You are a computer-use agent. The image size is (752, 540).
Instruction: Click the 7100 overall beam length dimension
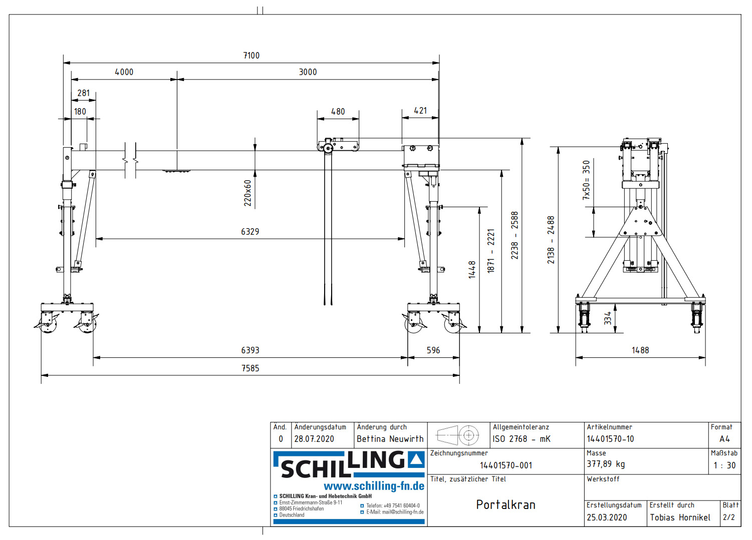pyautogui.click(x=251, y=56)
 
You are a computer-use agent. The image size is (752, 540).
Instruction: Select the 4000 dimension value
pyautogui.click(x=124, y=72)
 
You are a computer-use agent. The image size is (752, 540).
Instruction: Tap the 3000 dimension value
pyautogui.click(x=308, y=72)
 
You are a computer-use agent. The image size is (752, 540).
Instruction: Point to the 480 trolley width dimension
pyautogui.click(x=338, y=112)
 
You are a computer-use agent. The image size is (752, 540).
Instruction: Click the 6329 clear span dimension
pyautogui.click(x=250, y=232)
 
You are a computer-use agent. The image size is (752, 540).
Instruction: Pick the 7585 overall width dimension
pyautogui.click(x=250, y=368)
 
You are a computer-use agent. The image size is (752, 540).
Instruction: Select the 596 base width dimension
pyautogui.click(x=433, y=350)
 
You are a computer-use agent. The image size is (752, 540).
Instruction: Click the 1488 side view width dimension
pyautogui.click(x=640, y=350)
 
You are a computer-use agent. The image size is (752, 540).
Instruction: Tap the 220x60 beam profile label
pyautogui.click(x=247, y=193)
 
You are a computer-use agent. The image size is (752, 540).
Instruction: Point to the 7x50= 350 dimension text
pyautogui.click(x=586, y=180)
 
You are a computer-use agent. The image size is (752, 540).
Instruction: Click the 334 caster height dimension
pyautogui.click(x=608, y=318)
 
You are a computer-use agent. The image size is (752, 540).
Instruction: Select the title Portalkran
pyautogui.click(x=506, y=504)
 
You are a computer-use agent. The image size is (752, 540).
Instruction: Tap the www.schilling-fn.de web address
pyautogui.click(x=374, y=486)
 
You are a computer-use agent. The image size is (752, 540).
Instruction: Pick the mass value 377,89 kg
pyautogui.click(x=606, y=464)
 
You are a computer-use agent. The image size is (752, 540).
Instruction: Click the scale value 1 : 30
pyautogui.click(x=724, y=465)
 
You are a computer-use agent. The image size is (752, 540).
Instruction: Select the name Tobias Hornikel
pyautogui.click(x=680, y=517)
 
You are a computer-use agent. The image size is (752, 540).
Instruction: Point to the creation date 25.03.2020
pyautogui.click(x=607, y=517)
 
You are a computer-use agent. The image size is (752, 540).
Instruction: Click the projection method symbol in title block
pyautogui.click(x=458, y=435)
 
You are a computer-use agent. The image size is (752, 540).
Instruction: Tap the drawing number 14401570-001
pyautogui.click(x=506, y=465)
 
